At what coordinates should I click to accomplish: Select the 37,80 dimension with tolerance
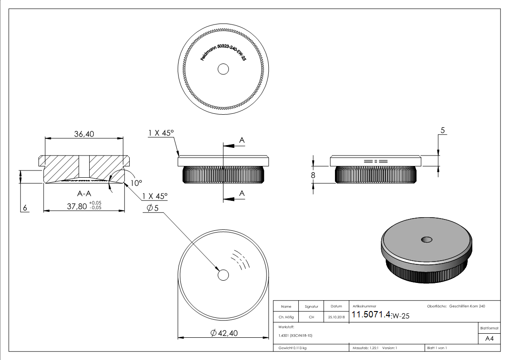click(84, 206)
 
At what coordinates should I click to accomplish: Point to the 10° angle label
click(136, 183)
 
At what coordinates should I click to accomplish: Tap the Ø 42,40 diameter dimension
click(224, 333)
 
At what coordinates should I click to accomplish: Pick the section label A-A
click(85, 194)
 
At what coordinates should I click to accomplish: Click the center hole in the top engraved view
click(223, 69)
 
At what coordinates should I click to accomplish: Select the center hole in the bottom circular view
click(223, 275)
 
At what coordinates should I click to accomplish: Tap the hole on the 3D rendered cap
click(426, 239)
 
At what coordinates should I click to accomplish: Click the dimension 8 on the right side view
click(313, 175)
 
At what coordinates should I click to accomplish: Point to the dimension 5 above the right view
click(443, 130)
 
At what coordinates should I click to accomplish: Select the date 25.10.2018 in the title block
click(336, 317)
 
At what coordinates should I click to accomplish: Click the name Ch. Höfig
click(286, 317)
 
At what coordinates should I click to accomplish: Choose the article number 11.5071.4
click(371, 315)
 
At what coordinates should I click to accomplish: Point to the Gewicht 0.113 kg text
click(293, 348)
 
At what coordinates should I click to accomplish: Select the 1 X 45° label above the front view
click(161, 133)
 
